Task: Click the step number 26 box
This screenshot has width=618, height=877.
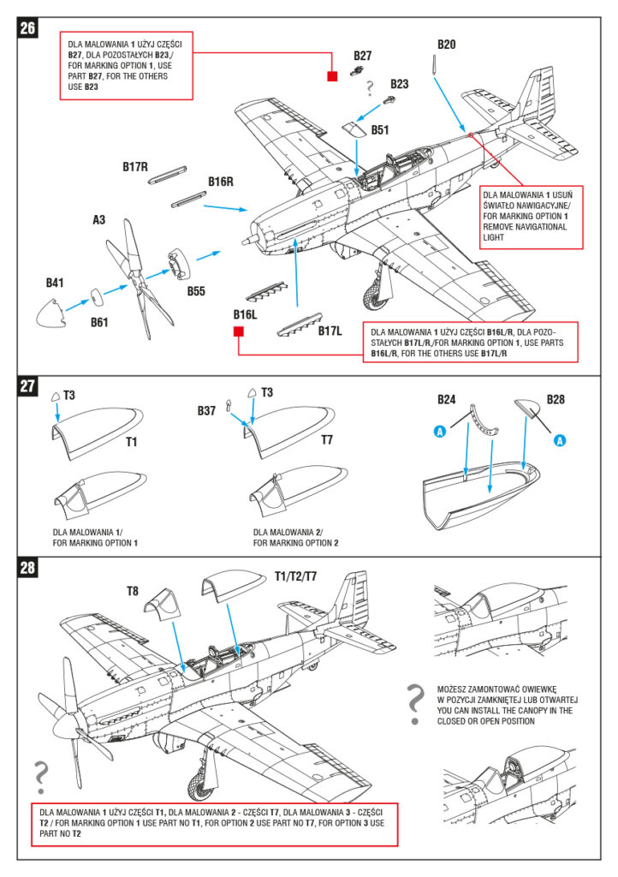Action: [27, 27]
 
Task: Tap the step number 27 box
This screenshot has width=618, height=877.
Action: [27, 386]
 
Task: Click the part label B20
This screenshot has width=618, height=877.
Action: [447, 45]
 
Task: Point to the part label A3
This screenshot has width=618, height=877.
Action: [99, 220]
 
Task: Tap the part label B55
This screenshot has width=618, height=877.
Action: [196, 290]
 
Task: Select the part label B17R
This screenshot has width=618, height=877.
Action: [136, 168]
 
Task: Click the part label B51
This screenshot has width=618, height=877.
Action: [380, 130]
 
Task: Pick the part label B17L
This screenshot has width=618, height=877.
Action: [330, 330]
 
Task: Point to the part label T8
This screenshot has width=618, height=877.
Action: [133, 591]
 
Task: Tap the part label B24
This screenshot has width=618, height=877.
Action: [447, 399]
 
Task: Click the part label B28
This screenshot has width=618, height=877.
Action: [556, 399]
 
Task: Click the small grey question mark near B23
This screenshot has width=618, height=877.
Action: [371, 87]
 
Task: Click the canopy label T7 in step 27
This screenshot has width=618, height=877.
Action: [326, 440]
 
